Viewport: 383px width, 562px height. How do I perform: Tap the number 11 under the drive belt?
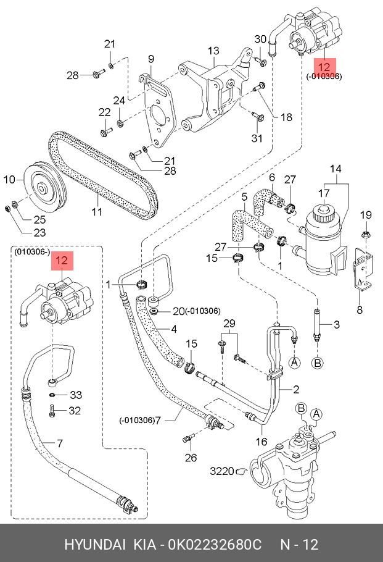[x=96, y=212]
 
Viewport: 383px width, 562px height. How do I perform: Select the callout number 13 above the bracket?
[x=213, y=51]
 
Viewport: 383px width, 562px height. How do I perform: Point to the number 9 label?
[x=149, y=59]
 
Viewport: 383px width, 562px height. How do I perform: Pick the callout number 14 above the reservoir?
[x=335, y=169]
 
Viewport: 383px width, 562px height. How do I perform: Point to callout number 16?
[x=262, y=442]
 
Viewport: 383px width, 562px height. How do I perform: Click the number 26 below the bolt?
[x=191, y=458]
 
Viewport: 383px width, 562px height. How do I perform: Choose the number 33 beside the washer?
[x=75, y=395]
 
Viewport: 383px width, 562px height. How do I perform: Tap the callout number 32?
[x=75, y=410]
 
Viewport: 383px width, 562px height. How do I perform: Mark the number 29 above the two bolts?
[x=229, y=324]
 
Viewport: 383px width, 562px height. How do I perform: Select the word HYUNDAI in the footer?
[x=92, y=545]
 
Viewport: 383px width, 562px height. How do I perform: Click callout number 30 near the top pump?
[x=260, y=39]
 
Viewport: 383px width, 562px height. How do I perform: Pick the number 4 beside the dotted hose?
[x=175, y=329]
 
